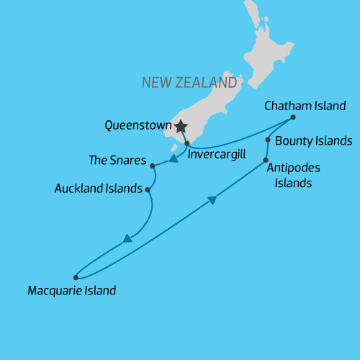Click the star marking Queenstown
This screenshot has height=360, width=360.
pyautogui.click(x=179, y=126)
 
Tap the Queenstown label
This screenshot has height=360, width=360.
pyautogui.click(x=138, y=125)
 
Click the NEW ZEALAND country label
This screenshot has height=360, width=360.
pyautogui.click(x=189, y=83)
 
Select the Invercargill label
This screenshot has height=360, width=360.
pyautogui.click(x=217, y=153)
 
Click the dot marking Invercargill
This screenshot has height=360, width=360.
pyautogui.click(x=186, y=143)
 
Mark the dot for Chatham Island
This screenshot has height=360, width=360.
pyautogui.click(x=293, y=117)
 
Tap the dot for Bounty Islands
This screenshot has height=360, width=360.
pyautogui.click(x=268, y=140)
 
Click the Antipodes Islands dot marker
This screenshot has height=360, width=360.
pyautogui.click(x=266, y=160)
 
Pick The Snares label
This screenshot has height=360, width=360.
pyautogui.click(x=117, y=160)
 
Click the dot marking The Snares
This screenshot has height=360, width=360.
pyautogui.click(x=153, y=166)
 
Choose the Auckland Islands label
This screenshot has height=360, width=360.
pyautogui.click(x=98, y=189)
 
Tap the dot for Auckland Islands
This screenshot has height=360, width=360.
pyautogui.click(x=148, y=190)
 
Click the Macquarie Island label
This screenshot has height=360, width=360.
pyautogui.click(x=71, y=292)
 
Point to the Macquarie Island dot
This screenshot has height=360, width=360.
pyautogui.click(x=76, y=277)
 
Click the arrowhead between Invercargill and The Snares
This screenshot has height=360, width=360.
pyautogui.click(x=173, y=158)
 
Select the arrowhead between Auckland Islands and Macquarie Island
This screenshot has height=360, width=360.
pyautogui.click(x=127, y=238)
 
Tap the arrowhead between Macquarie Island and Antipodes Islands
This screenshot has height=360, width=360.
pyautogui.click(x=212, y=200)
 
